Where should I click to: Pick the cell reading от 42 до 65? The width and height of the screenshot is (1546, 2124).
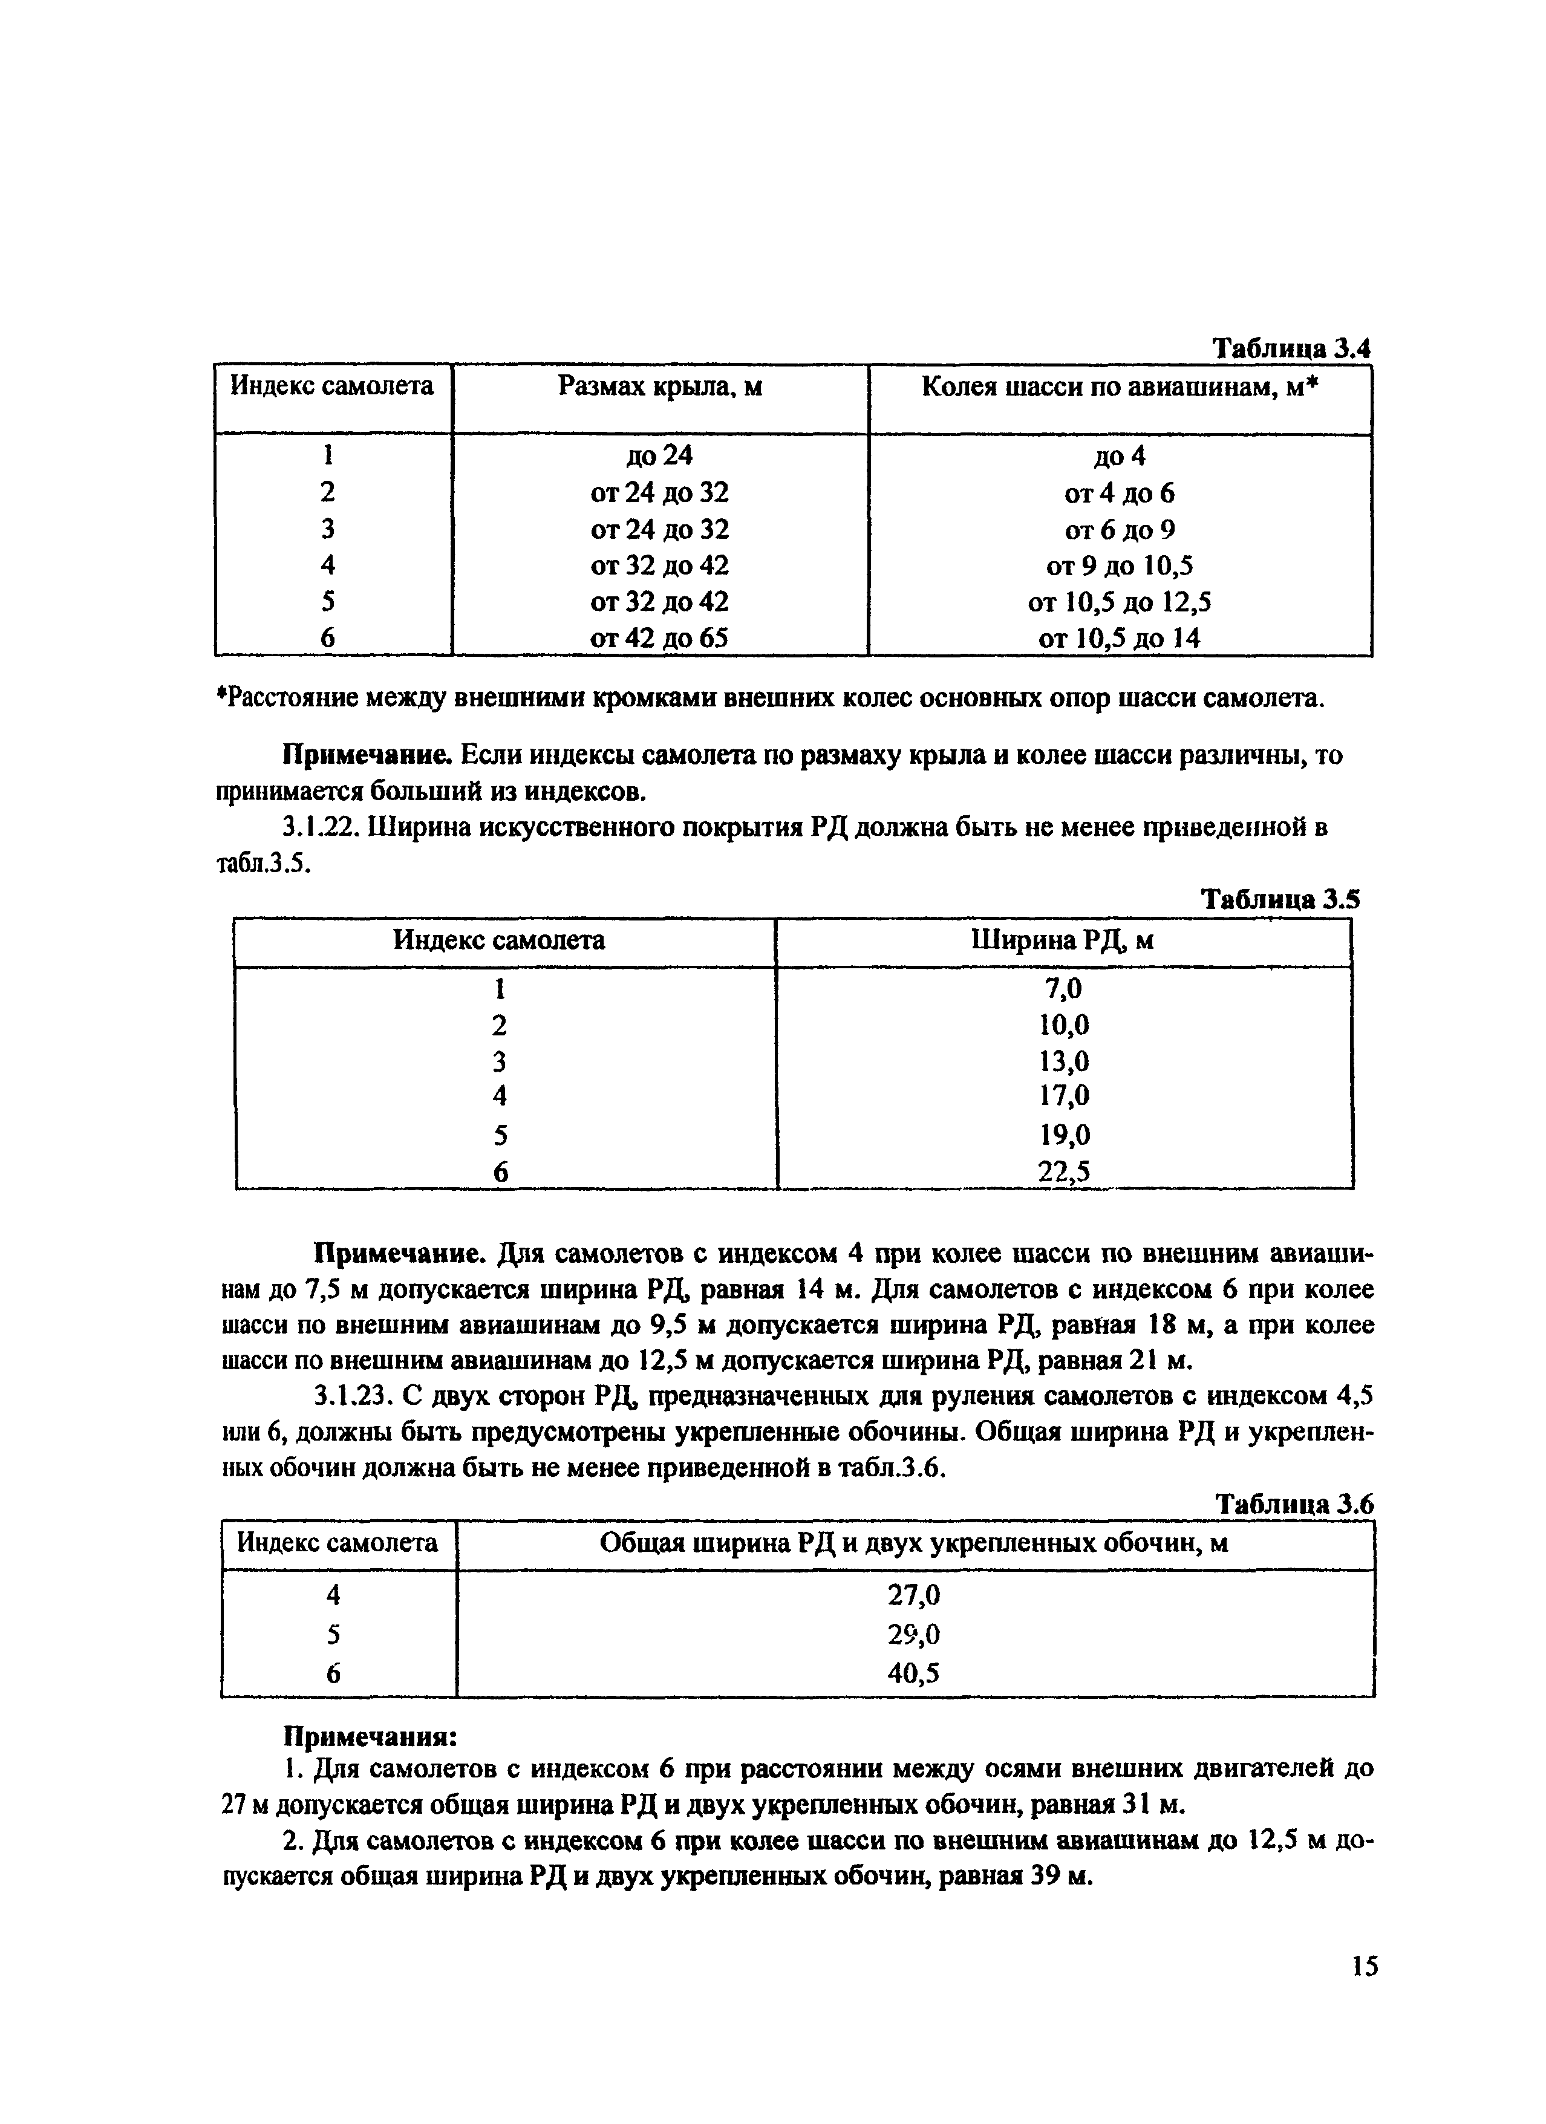659,638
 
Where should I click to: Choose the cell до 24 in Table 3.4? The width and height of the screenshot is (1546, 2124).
659,456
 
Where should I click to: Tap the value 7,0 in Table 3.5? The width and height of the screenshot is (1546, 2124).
1064,989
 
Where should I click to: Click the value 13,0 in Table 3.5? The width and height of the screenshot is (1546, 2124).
1064,1061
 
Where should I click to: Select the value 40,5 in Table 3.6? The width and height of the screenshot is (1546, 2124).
913,1673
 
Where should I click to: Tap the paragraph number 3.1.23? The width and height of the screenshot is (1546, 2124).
352,1396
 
